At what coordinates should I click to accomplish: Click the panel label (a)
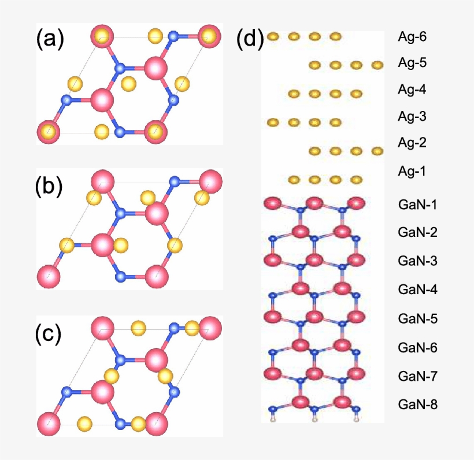[50, 39]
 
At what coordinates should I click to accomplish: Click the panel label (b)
[49, 186]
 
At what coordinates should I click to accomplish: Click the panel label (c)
[49, 334]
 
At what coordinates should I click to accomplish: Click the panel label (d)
[250, 39]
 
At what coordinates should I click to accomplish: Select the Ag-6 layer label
[412, 36]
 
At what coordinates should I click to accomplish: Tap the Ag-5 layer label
[412, 63]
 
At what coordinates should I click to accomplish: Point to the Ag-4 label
[412, 90]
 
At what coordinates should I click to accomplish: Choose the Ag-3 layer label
[412, 116]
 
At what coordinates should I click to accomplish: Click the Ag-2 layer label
[412, 142]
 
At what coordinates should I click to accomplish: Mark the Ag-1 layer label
[412, 171]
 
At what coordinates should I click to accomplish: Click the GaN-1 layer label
[417, 205]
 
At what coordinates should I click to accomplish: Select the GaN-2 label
[417, 232]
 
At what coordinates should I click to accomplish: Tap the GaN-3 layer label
[417, 261]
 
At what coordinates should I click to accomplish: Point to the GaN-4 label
[417, 290]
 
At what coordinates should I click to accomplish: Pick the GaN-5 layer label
[417, 318]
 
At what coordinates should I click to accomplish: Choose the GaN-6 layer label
[417, 347]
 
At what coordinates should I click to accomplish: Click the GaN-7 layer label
[417, 376]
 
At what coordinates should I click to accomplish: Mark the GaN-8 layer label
[417, 405]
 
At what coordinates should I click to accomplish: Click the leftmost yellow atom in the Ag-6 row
[273, 37]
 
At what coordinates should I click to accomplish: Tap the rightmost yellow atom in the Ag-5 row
[377, 65]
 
